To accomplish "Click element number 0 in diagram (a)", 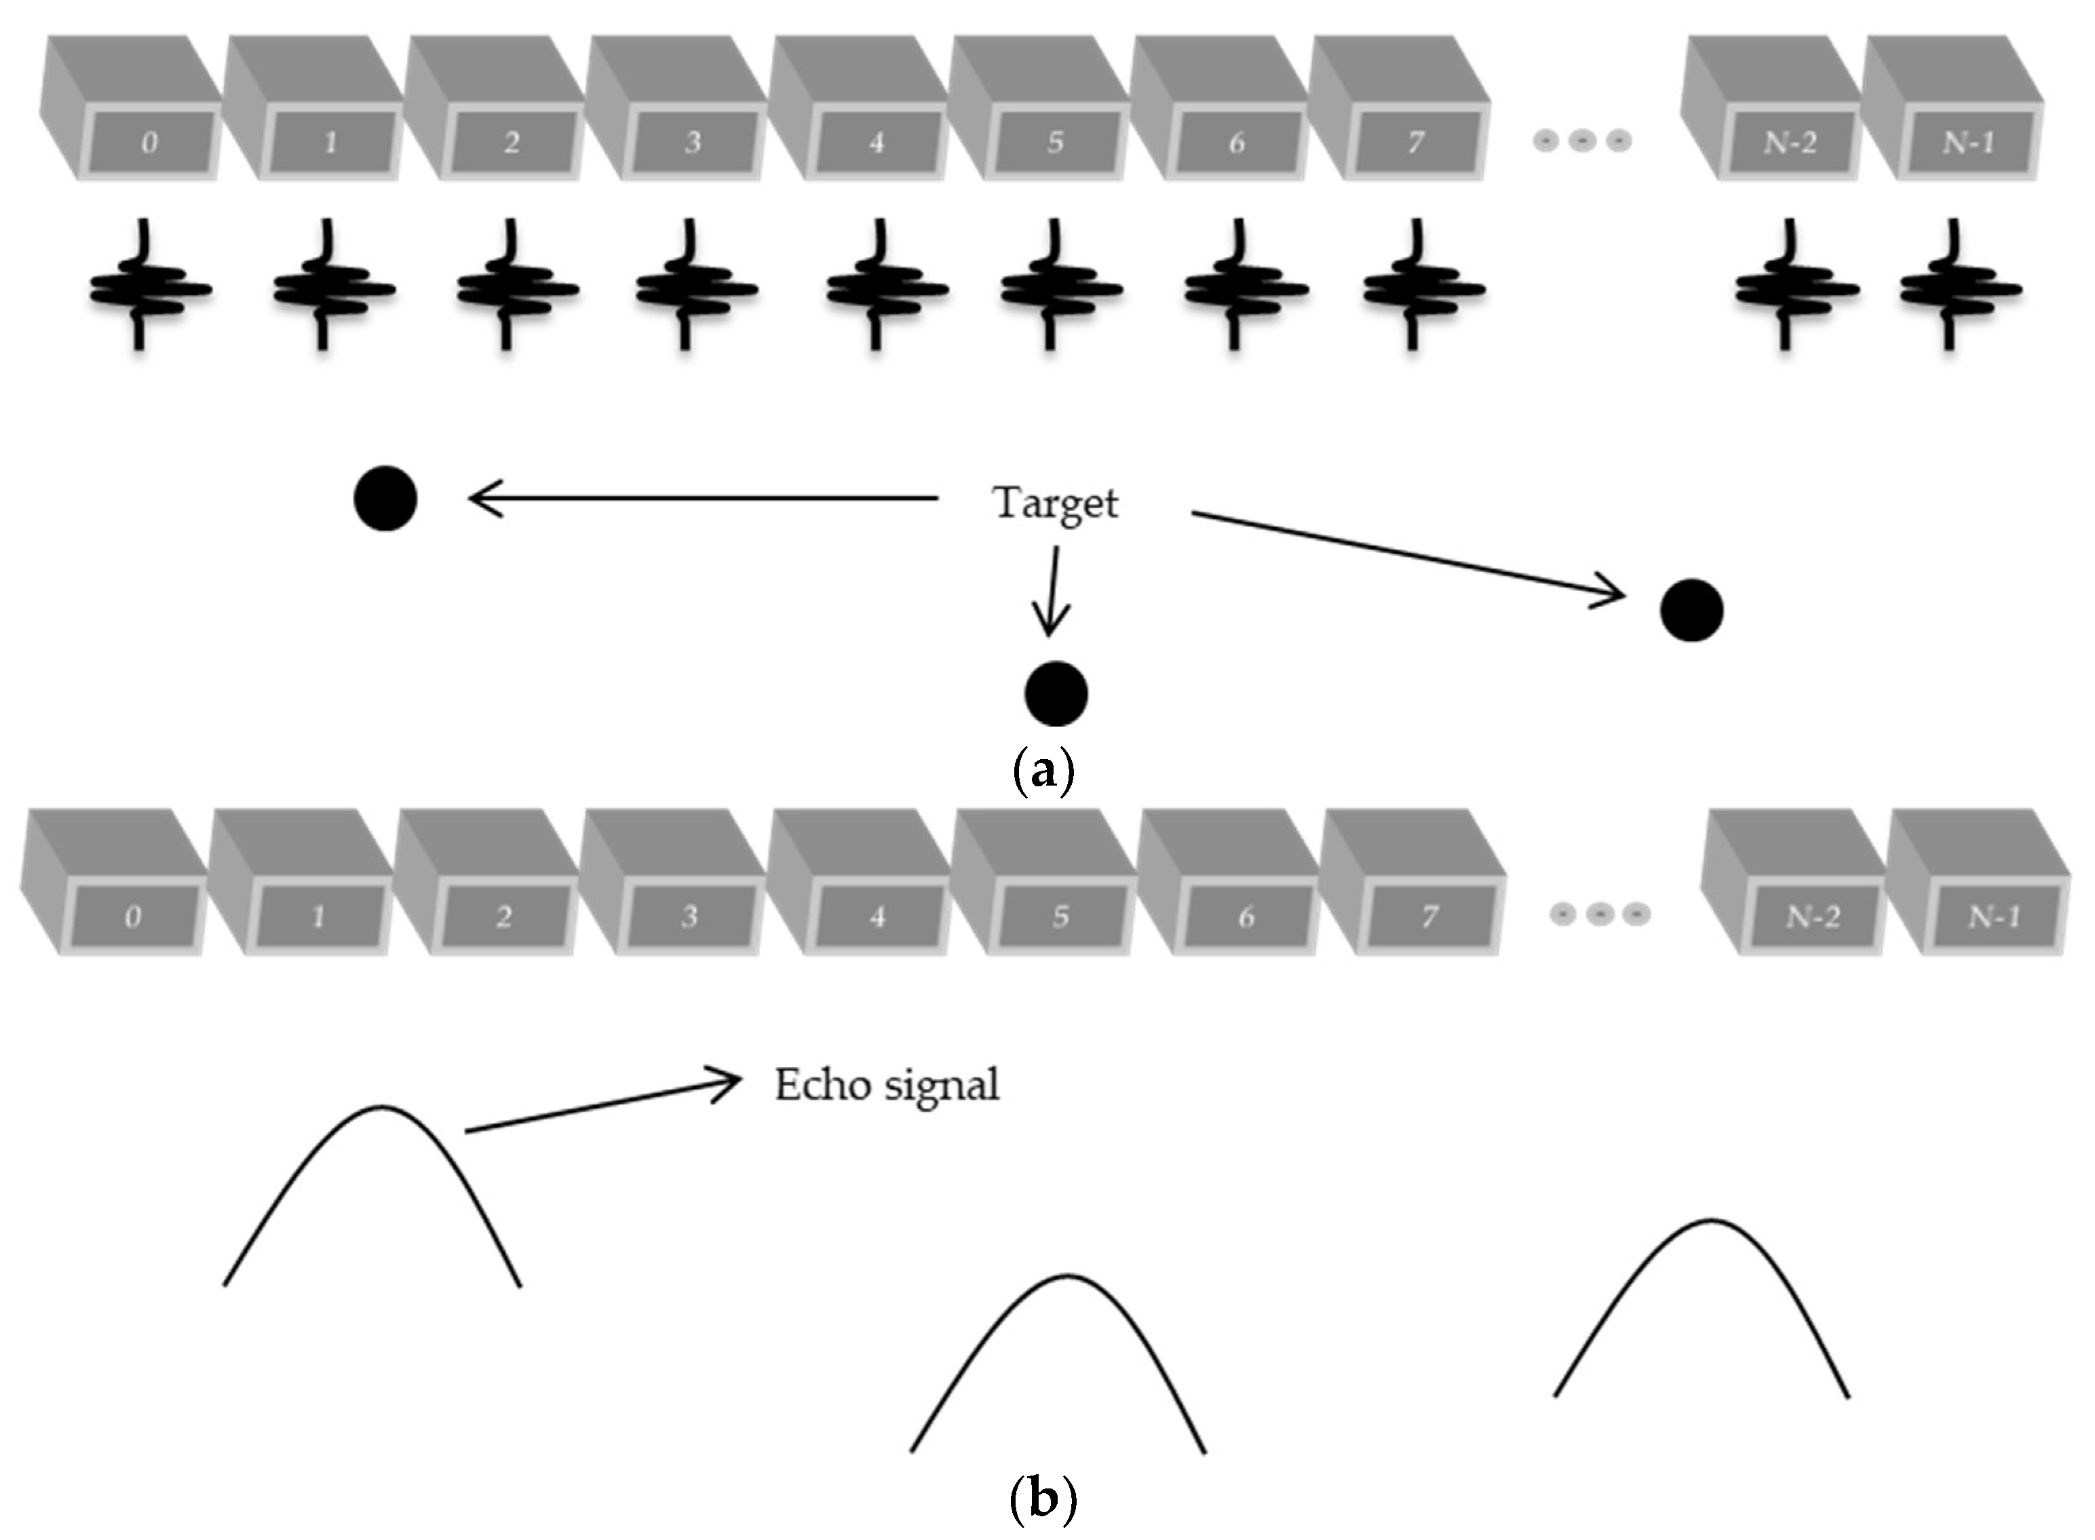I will pos(149,142).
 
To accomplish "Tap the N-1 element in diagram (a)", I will pos(1967,142).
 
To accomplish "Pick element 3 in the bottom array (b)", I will pos(689,917).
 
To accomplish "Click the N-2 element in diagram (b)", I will pos(1813,917).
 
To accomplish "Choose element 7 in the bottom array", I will pos(1429,917).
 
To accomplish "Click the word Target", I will pos(1054,503).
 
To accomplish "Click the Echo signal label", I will pos(887,1085).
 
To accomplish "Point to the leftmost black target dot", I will pos(385,499).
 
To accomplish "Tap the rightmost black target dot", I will pos(1691,611).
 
